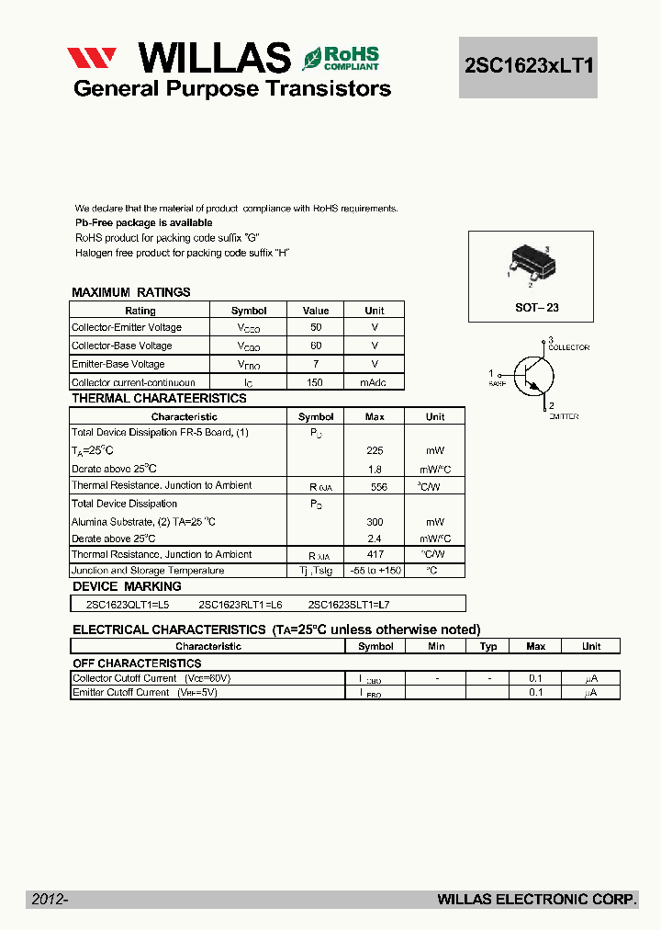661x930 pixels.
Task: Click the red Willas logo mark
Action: coord(92,58)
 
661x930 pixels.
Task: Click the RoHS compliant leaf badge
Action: coord(341,58)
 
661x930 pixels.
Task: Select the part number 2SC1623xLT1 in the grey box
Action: coord(528,67)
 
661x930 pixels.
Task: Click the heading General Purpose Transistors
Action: coord(232,89)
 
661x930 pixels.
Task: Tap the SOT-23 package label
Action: coord(536,308)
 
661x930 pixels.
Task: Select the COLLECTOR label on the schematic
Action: coord(568,347)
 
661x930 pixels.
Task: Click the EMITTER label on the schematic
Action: coord(564,416)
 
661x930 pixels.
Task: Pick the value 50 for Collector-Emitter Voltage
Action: coord(316,328)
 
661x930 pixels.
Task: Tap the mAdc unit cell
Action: coord(374,382)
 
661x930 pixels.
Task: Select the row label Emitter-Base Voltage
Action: coord(118,364)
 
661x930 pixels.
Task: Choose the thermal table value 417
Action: coord(375,555)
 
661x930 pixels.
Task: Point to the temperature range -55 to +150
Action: coord(375,571)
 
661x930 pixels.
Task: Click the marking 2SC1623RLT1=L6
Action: coord(241,604)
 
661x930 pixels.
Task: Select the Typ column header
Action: coord(488,646)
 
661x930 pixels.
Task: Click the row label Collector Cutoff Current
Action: coord(125,678)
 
